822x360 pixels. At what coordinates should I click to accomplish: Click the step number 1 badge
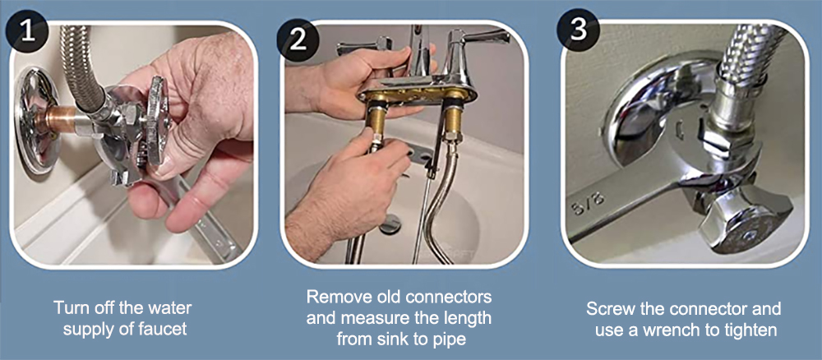[x=27, y=31]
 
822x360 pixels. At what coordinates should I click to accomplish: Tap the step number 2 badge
[x=298, y=39]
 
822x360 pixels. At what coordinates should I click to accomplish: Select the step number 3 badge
[x=578, y=30]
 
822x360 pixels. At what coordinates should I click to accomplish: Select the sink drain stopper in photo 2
[x=390, y=227]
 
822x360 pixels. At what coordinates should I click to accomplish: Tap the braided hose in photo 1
[x=81, y=67]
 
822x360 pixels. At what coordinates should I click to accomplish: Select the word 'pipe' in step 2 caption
[x=449, y=340]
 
